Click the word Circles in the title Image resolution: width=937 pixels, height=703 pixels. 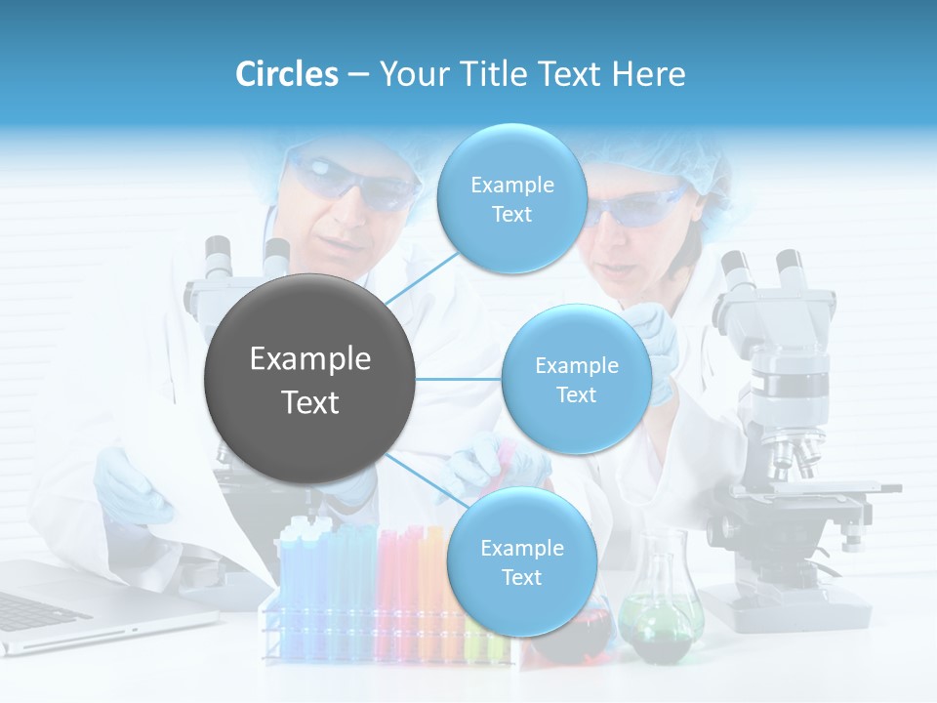click(x=287, y=74)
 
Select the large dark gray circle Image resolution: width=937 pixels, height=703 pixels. click(x=309, y=379)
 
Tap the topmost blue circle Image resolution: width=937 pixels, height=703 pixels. click(x=510, y=198)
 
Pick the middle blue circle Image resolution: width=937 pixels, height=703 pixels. click(x=576, y=379)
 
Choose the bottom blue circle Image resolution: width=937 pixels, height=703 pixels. click(x=521, y=561)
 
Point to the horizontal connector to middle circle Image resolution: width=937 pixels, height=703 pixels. click(x=459, y=379)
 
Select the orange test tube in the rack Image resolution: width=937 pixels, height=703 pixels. click(x=430, y=586)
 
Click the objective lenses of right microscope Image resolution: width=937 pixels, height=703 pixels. click(x=791, y=454)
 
